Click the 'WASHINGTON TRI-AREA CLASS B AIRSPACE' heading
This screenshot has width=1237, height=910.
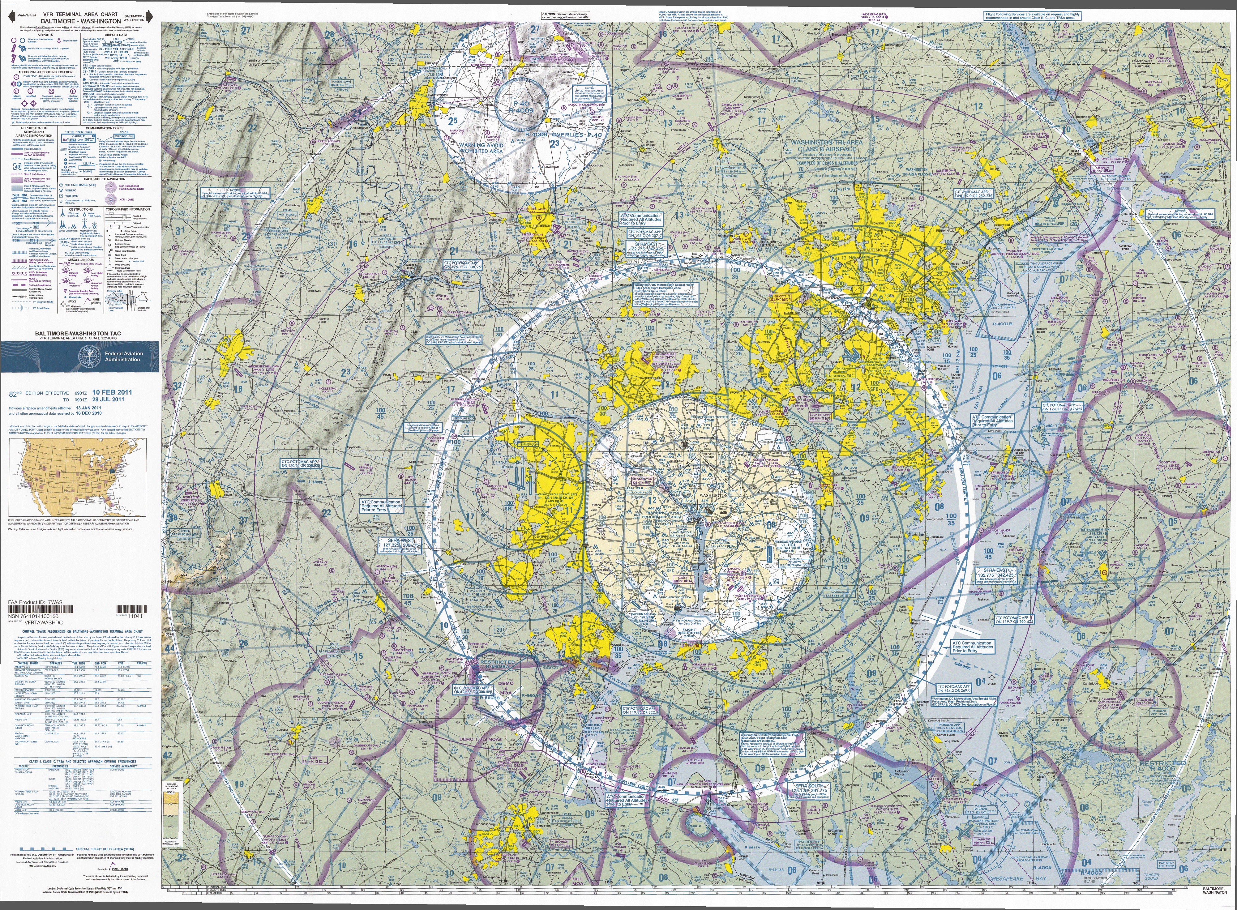(x=826, y=145)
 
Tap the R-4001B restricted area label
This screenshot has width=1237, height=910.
(x=1002, y=324)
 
